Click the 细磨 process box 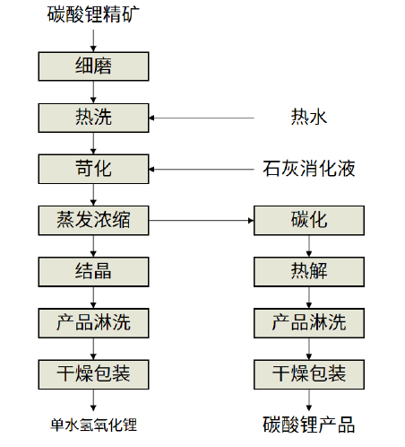click(x=93, y=66)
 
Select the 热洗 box click(x=93, y=118)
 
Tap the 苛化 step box click(x=93, y=169)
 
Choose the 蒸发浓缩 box click(x=93, y=221)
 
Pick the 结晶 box click(x=93, y=272)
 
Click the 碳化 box click(x=309, y=221)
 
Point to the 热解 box click(x=309, y=272)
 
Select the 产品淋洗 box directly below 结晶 click(x=93, y=323)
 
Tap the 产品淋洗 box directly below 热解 click(x=309, y=323)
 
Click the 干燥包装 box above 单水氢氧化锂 click(x=93, y=374)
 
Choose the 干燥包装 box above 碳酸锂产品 click(x=309, y=374)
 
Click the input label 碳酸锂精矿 click(x=93, y=14)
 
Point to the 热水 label click(x=309, y=117)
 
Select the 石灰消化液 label click(x=309, y=169)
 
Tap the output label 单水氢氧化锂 click(x=93, y=425)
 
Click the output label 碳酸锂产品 click(x=309, y=425)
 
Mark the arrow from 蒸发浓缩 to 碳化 click(x=202, y=221)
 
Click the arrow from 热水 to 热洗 click(x=202, y=118)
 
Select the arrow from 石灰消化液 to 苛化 click(x=202, y=170)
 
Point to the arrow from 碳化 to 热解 click(x=309, y=246)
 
